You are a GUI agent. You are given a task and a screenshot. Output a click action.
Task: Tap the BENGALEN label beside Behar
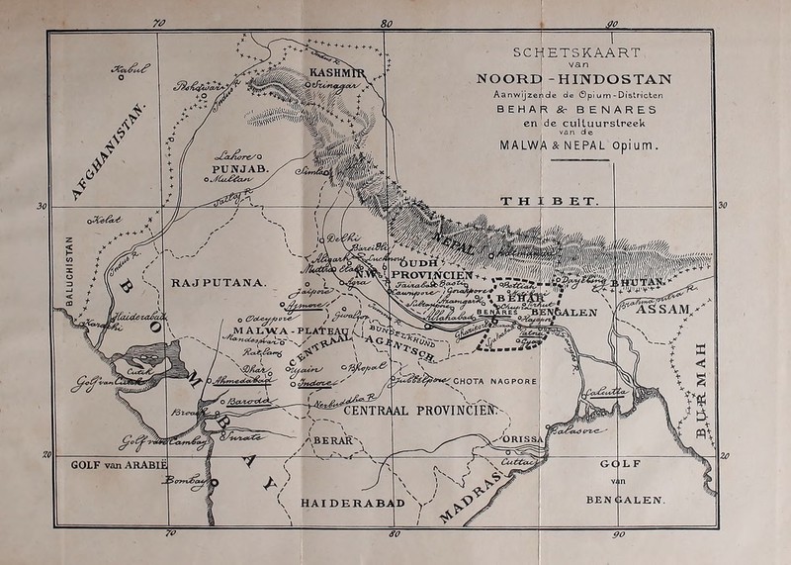click(565, 312)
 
